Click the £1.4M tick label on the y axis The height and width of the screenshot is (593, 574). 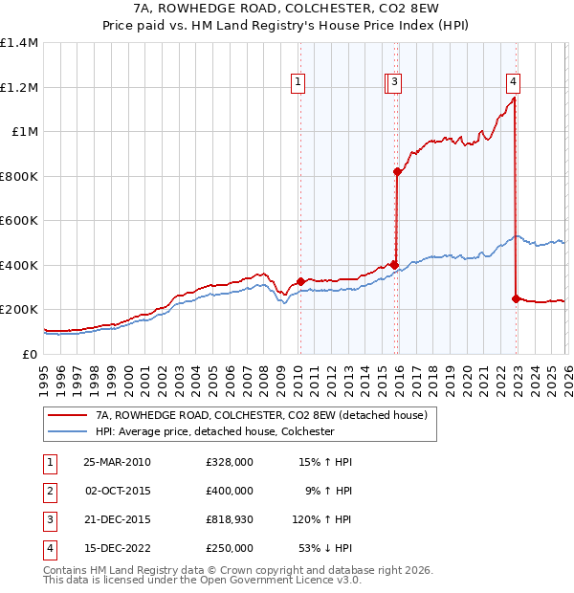point(19,43)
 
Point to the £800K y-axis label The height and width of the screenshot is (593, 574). point(19,176)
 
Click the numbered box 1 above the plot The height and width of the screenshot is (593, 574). point(298,83)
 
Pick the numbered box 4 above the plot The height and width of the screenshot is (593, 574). point(514,83)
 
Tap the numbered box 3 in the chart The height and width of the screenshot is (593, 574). point(395,83)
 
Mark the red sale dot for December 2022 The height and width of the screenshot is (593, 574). point(516,298)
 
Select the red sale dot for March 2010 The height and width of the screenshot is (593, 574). point(300,281)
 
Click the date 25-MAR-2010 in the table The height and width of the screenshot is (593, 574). point(117,461)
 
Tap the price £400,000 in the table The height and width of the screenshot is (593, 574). point(230,490)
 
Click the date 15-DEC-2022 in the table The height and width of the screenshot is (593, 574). point(117,548)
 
